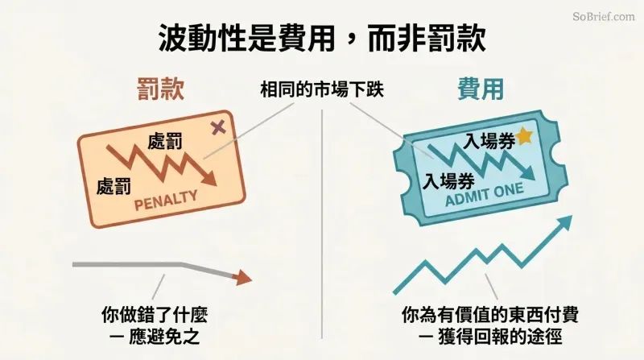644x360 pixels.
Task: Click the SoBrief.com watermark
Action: tap(604, 16)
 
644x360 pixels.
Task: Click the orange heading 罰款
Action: tap(160, 89)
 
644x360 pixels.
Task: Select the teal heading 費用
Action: tap(481, 89)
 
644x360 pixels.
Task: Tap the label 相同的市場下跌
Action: tap(322, 89)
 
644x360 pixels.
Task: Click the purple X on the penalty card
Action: tap(218, 127)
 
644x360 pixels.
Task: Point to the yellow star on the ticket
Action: tap(525, 136)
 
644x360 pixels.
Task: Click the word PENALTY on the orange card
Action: tap(166, 201)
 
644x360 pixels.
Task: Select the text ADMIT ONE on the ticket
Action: tap(485, 194)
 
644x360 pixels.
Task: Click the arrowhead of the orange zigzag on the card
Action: tap(209, 179)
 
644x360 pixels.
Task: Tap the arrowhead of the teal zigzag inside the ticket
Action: tap(529, 173)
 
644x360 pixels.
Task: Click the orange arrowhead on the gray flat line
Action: tap(242, 278)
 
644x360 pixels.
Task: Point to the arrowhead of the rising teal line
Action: tap(565, 222)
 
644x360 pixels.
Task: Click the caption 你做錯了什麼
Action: tap(155, 315)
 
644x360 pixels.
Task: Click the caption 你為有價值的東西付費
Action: tap(490, 315)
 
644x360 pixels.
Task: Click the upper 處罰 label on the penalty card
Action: tap(165, 142)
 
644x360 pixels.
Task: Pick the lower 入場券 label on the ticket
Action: tap(448, 181)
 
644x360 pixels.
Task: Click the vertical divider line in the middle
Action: tap(322, 224)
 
